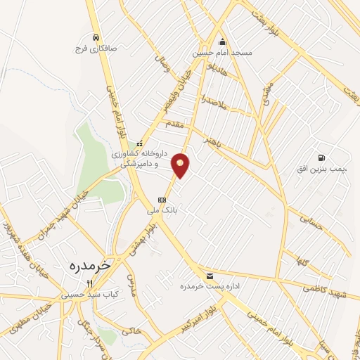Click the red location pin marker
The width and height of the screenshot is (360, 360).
[181, 165]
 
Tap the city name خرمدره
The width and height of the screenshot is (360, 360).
[91, 266]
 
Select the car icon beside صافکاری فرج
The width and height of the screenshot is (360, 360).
[95, 38]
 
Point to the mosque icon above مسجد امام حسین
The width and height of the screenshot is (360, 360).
[222, 41]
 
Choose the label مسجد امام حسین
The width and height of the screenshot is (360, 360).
[222, 53]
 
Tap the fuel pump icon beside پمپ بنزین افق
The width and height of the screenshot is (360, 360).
[321, 157]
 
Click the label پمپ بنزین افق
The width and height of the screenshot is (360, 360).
[322, 169]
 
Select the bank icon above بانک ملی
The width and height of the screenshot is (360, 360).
[162, 198]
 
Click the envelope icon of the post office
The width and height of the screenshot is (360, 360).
[209, 275]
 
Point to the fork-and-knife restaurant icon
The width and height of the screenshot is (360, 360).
[89, 283]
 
